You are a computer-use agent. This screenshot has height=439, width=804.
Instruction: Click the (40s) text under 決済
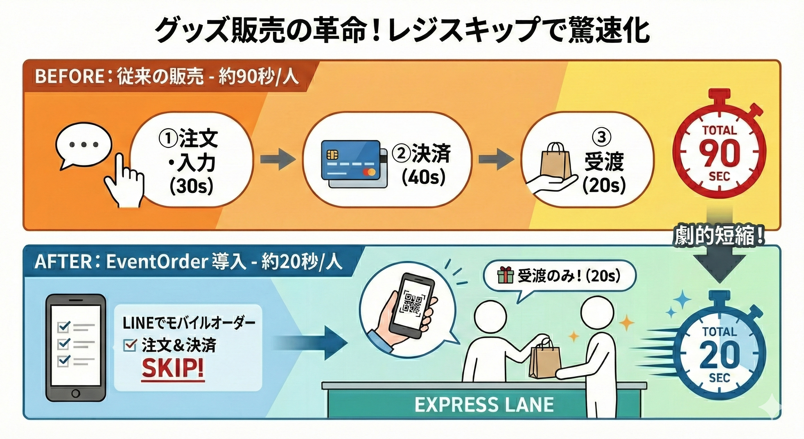423,177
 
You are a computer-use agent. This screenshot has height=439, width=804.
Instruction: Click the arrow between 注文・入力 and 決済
278,160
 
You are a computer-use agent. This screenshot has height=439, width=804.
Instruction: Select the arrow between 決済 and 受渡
496,160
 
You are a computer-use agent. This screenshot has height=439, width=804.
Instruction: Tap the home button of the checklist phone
76,393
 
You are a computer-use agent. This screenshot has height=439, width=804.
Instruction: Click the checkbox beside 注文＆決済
130,345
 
